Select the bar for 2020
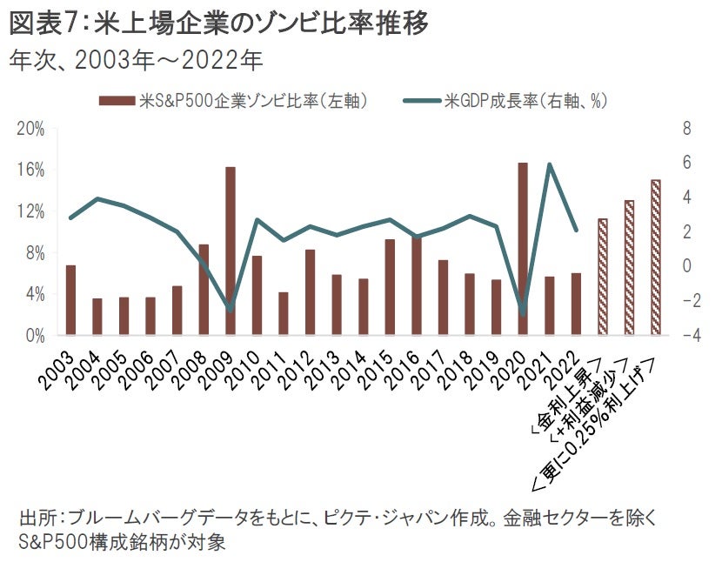(523, 249)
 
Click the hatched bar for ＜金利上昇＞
(602, 277)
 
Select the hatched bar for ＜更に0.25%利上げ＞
(656, 258)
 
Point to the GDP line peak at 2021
(550, 164)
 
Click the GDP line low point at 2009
(231, 309)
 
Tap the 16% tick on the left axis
(33, 170)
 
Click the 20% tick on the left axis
(33, 129)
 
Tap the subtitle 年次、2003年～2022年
(136, 60)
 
